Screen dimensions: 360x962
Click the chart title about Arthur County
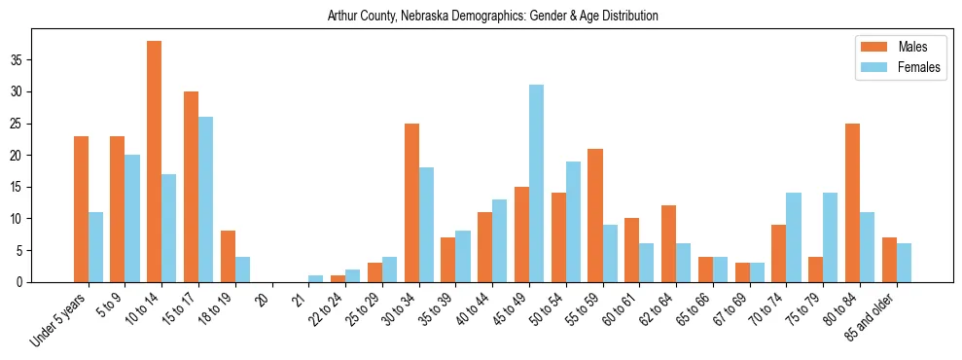pyautogui.click(x=492, y=16)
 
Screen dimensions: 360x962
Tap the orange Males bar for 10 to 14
pyautogui.click(x=154, y=162)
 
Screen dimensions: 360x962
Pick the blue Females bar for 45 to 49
pyautogui.click(x=537, y=184)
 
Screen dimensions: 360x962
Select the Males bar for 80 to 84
pyautogui.click(x=853, y=202)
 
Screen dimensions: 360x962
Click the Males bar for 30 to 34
pyautogui.click(x=411, y=202)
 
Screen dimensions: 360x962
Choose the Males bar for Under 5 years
pyautogui.click(x=81, y=209)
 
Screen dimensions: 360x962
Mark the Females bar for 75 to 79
pyautogui.click(x=832, y=237)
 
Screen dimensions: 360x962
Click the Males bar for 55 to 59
pyautogui.click(x=595, y=215)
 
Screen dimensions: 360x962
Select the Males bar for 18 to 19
pyautogui.click(x=228, y=257)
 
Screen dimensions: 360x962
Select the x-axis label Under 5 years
pyautogui.click(x=60, y=316)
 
